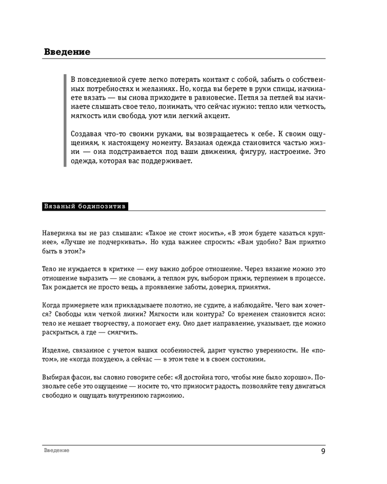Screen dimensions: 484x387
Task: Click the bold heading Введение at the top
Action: pyautogui.click(x=67, y=52)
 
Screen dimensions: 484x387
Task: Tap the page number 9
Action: pyautogui.click(x=323, y=452)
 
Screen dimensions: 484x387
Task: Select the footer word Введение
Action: pyautogui.click(x=57, y=451)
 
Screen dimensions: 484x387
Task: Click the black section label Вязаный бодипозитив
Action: pyautogui.click(x=85, y=206)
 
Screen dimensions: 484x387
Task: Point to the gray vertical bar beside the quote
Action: pyautogui.click(x=65, y=121)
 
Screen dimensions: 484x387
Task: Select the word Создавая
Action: pyautogui.click(x=87, y=133)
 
